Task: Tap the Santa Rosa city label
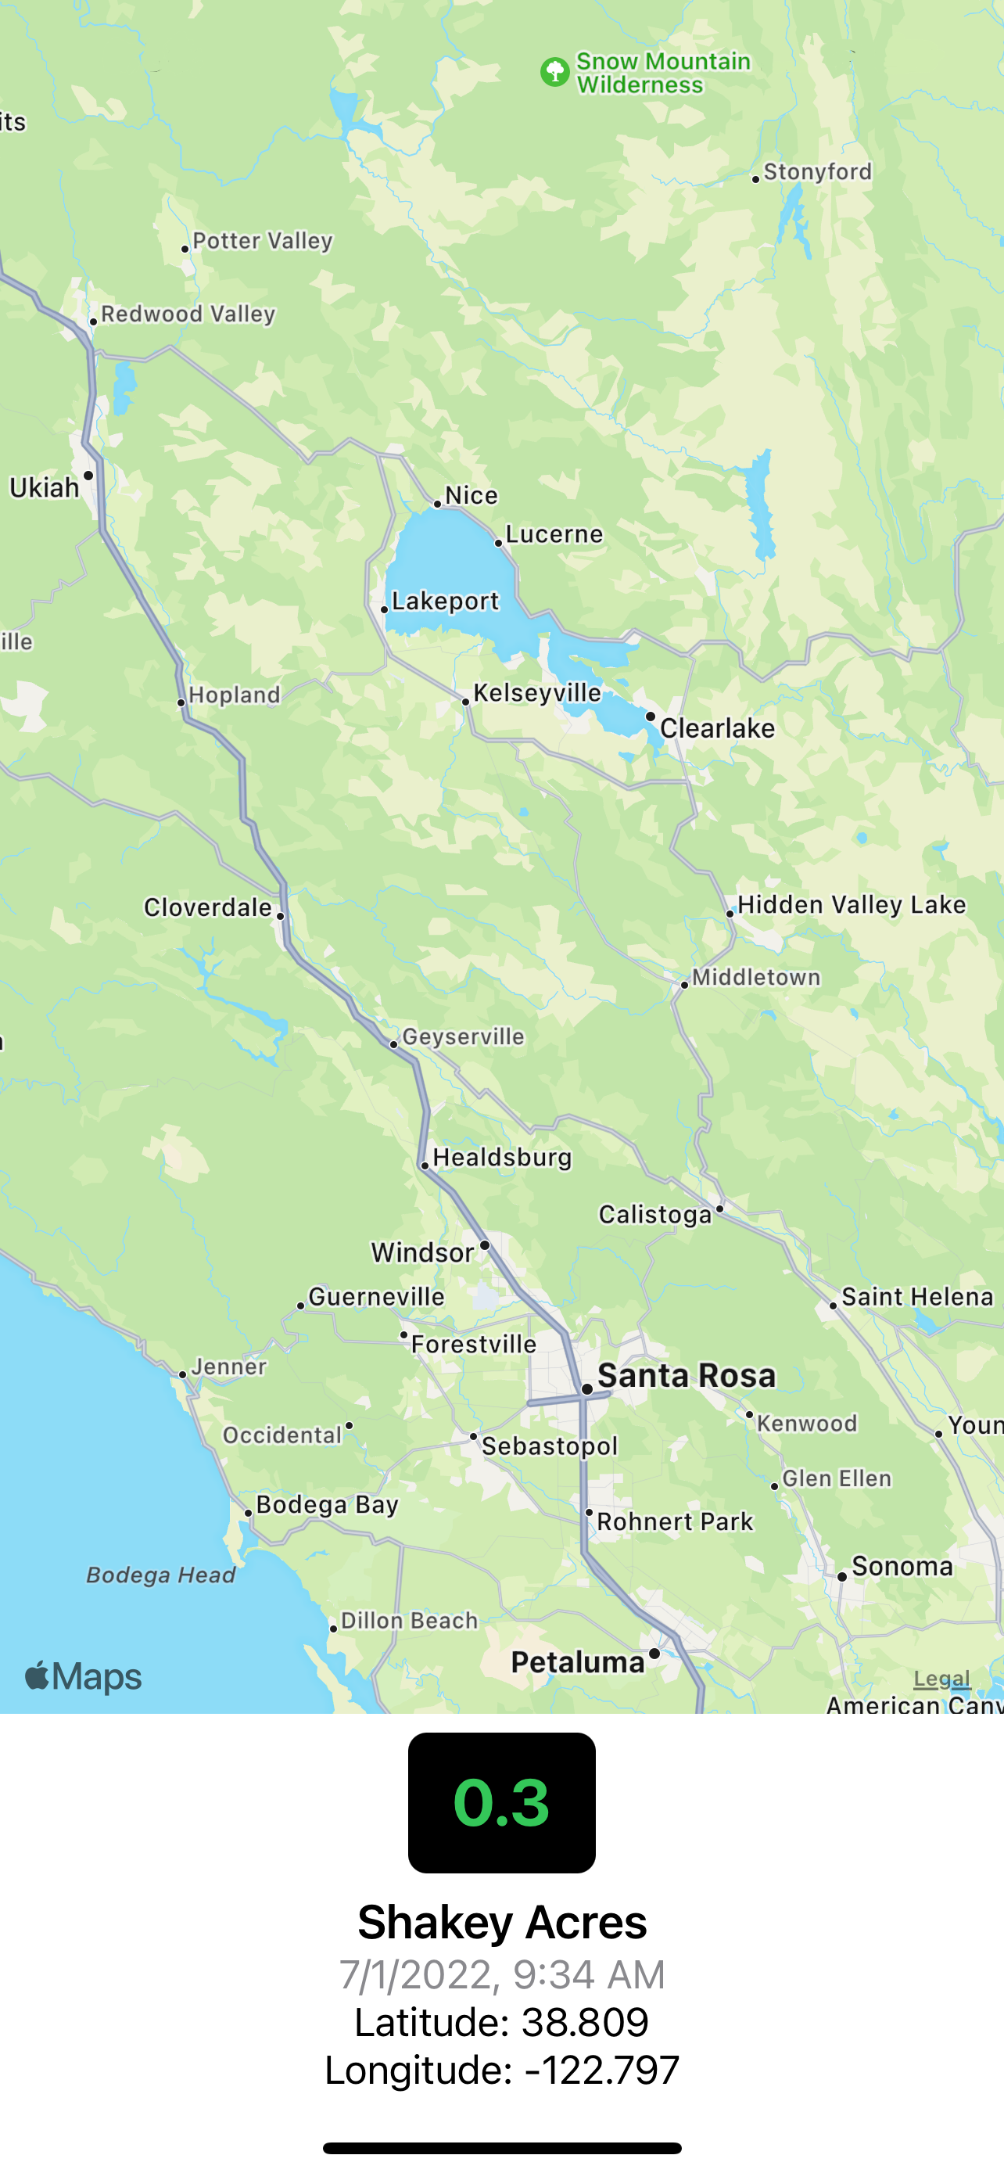pyautogui.click(x=687, y=1376)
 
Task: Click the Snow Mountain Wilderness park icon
pyautogui.click(x=554, y=73)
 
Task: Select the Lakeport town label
pyautogui.click(x=445, y=602)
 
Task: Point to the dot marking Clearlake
pyautogui.click(x=650, y=717)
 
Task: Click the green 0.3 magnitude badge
pyautogui.click(x=501, y=1803)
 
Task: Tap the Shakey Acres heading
pyautogui.click(x=501, y=1923)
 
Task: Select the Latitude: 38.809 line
pyautogui.click(x=501, y=2022)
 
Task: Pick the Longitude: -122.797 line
pyautogui.click(x=501, y=2070)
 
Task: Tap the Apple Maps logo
pyautogui.click(x=83, y=1677)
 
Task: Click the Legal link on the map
pyautogui.click(x=941, y=1679)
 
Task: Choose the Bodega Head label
pyautogui.click(x=160, y=1575)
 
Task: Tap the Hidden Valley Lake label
pyautogui.click(x=852, y=905)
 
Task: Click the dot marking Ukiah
pyautogui.click(x=88, y=476)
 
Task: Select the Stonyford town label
pyautogui.click(x=817, y=172)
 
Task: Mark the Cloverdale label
pyautogui.click(x=207, y=907)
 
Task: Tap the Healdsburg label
pyautogui.click(x=501, y=1158)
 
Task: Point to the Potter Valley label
pyautogui.click(x=262, y=241)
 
